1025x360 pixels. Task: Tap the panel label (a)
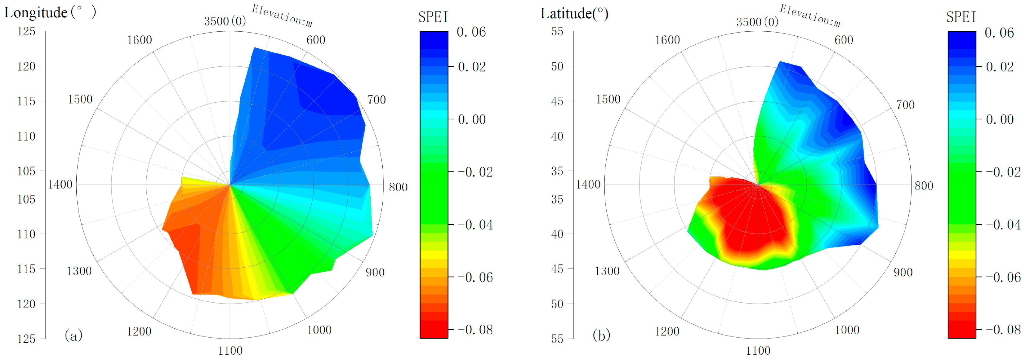pos(73,335)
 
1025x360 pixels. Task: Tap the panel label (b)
pos(601,335)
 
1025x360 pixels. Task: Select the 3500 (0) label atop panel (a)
pos(225,21)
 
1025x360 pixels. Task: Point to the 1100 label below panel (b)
pos(758,350)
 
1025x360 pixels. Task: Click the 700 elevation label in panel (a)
pos(376,100)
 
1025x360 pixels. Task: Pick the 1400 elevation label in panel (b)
pos(588,184)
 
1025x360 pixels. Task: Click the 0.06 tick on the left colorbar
pos(471,32)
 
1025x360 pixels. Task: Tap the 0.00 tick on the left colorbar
pos(471,119)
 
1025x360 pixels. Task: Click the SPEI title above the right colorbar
pos(961,17)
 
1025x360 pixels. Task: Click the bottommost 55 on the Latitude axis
pos(557,339)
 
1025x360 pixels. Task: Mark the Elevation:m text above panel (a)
pos(282,16)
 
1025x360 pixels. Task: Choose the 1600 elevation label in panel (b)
pos(667,40)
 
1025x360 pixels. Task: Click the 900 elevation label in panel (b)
pos(903,273)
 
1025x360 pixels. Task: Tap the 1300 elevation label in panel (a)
pos(79,271)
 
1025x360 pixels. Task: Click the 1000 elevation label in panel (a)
pos(319,330)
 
